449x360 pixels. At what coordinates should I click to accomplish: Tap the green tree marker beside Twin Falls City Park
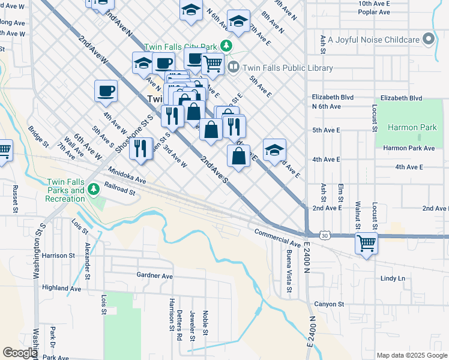pos(226,46)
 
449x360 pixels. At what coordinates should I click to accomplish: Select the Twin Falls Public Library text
pos(288,68)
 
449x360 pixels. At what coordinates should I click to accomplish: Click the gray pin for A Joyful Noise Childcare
pos(429,40)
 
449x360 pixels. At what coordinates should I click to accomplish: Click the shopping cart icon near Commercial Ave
pos(366,243)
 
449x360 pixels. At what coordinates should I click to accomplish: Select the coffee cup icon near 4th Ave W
pos(106,91)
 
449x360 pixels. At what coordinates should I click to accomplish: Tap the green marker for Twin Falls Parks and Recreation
pos(93,190)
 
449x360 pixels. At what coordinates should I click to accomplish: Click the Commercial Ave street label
pos(277,238)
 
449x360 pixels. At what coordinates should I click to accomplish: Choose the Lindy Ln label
pos(393,278)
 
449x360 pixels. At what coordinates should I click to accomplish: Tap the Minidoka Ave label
pos(128,175)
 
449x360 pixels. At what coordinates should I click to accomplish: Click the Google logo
pos(19,353)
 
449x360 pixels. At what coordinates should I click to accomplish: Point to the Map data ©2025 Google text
pos(411,355)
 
